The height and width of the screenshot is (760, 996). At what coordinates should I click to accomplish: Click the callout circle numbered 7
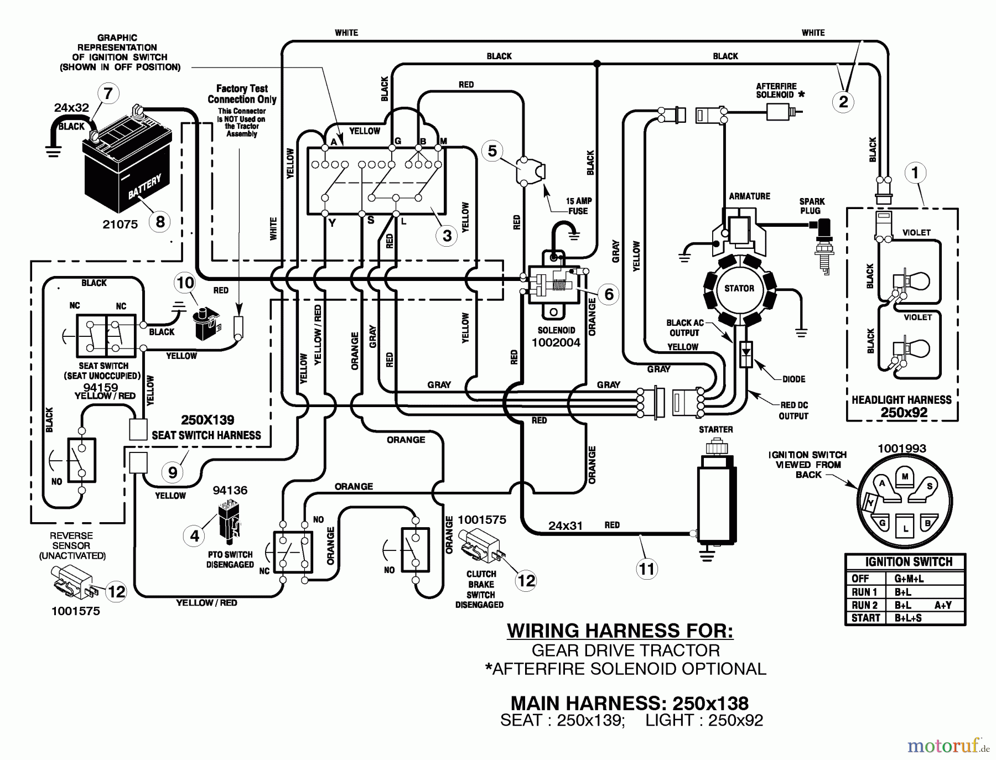(x=108, y=93)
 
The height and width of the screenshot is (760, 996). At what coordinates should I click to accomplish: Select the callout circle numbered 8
(x=160, y=222)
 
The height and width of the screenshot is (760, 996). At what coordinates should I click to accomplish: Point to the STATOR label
(x=739, y=288)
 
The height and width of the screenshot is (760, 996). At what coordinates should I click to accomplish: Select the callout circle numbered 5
(x=492, y=150)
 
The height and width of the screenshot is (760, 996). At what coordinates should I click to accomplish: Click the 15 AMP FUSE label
(x=578, y=206)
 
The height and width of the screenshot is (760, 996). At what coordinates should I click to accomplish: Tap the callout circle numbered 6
(x=609, y=294)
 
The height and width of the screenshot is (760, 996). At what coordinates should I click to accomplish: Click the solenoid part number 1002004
(x=556, y=342)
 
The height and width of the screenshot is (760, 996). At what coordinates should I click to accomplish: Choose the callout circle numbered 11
(x=646, y=569)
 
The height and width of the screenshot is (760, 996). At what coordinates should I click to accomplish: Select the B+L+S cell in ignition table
(x=908, y=617)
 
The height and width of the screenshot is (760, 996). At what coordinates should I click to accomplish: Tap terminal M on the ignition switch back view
(x=905, y=477)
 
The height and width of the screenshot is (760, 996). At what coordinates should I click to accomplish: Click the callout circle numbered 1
(x=915, y=173)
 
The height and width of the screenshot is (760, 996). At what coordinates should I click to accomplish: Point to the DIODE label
(x=793, y=379)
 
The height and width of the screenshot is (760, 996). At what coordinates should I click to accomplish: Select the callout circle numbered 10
(x=185, y=283)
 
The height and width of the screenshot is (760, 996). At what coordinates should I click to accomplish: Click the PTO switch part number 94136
(x=230, y=490)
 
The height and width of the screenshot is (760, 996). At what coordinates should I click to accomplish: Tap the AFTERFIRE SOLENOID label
(x=776, y=90)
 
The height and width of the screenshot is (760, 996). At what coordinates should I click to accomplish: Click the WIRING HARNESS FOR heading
(x=620, y=631)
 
